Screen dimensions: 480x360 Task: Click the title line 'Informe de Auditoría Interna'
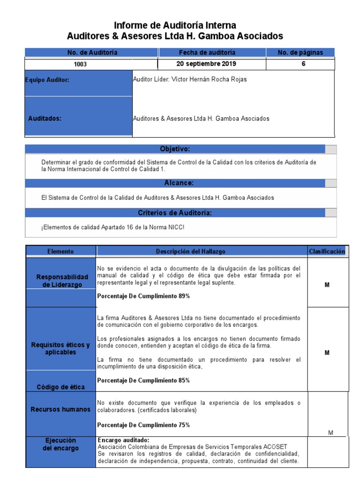point(175,25)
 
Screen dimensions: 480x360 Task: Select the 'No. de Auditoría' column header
point(92,52)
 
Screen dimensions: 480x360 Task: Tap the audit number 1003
point(80,65)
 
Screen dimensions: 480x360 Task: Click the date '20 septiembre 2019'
point(206,64)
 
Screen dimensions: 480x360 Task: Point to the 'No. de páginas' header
point(300,52)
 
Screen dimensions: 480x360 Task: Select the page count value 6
point(303,64)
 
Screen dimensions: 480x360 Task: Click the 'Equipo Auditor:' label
point(47,80)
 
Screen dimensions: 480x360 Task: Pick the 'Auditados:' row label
point(45,119)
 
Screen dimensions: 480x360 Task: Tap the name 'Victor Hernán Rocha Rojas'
point(210,80)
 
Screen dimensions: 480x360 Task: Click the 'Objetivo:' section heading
point(175,149)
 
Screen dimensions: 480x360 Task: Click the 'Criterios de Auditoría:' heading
point(175,213)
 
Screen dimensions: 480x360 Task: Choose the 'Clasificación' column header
point(327,251)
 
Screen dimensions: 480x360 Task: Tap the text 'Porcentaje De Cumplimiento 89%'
point(143,296)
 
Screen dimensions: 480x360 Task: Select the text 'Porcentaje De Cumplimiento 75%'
point(143,425)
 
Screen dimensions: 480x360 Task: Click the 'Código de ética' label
point(61,387)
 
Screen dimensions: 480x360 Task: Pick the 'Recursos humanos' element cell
point(60,409)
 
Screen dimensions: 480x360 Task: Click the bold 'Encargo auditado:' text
point(123,440)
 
